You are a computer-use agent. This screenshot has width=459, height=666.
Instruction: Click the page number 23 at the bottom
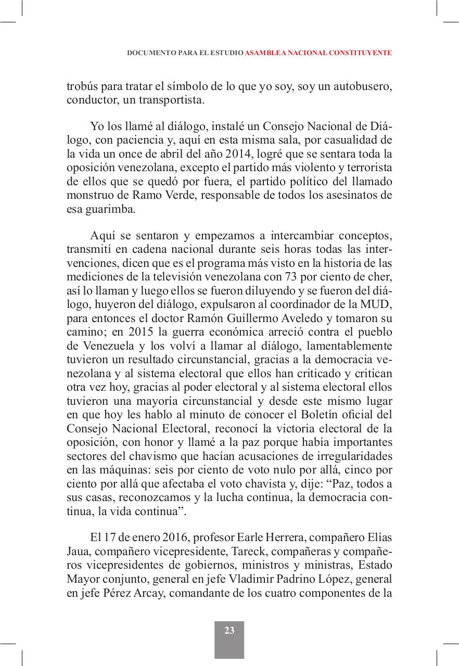point(229,631)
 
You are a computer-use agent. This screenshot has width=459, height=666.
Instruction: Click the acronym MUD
point(380,304)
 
